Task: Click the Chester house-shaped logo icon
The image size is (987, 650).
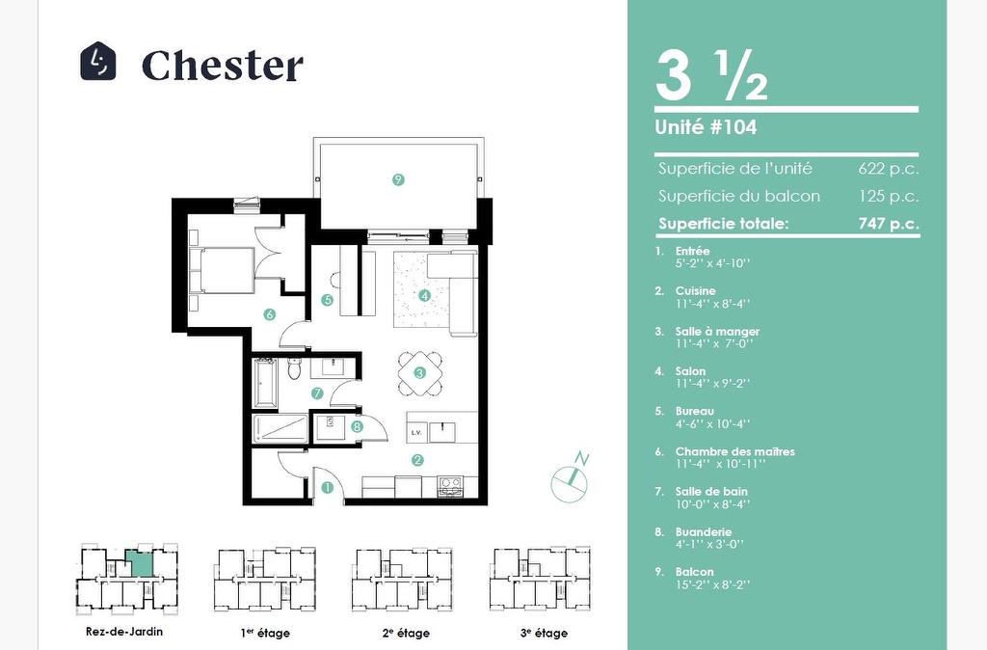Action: [x=98, y=61]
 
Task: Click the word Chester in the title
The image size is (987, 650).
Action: [x=223, y=65]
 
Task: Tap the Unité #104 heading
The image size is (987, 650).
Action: [x=706, y=127]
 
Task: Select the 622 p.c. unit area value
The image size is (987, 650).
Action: [x=888, y=169]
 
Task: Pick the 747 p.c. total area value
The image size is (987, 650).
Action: [x=888, y=224]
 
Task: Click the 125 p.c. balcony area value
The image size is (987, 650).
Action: [x=889, y=197]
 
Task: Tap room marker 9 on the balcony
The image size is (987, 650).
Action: [x=398, y=179]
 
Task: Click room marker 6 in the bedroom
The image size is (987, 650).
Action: [x=270, y=313]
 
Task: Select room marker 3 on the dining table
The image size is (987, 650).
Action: [x=420, y=373]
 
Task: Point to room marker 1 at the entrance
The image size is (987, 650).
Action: [x=327, y=487]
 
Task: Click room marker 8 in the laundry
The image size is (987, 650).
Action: [x=358, y=426]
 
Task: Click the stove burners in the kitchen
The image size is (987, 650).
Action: [x=450, y=486]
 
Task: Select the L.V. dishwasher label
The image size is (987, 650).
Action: [x=416, y=433]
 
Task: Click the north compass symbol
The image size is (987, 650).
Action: [x=571, y=476]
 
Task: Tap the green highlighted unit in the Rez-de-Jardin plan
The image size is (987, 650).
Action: [x=139, y=562]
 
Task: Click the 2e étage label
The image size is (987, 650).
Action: [x=406, y=633]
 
